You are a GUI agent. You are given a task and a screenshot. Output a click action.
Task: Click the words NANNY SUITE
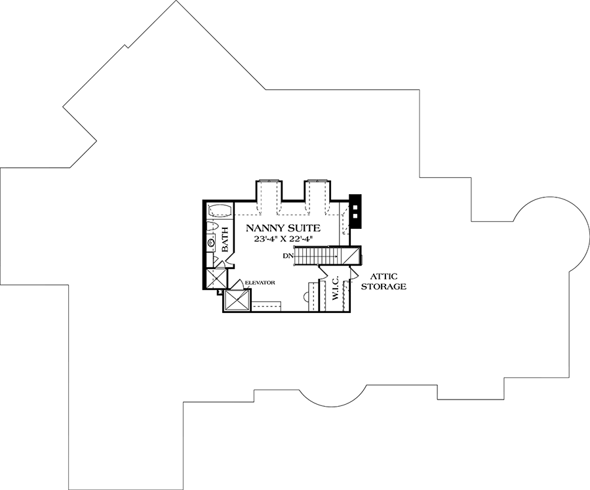(x=283, y=228)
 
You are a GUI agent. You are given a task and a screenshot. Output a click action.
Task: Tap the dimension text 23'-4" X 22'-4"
(x=283, y=240)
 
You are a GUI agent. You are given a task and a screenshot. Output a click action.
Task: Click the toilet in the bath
(x=212, y=227)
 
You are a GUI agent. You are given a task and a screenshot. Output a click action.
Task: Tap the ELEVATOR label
(x=259, y=283)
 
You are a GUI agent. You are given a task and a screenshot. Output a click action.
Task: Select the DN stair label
(x=287, y=255)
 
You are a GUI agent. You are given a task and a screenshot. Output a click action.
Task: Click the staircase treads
(x=319, y=255)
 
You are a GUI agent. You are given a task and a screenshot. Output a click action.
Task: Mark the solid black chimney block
(x=355, y=211)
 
